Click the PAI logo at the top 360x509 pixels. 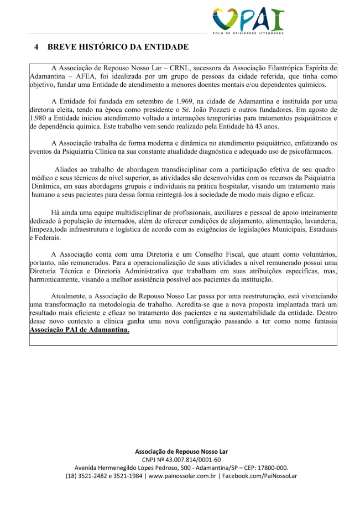pos(248,21)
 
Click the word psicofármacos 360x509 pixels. pos(309,151)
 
